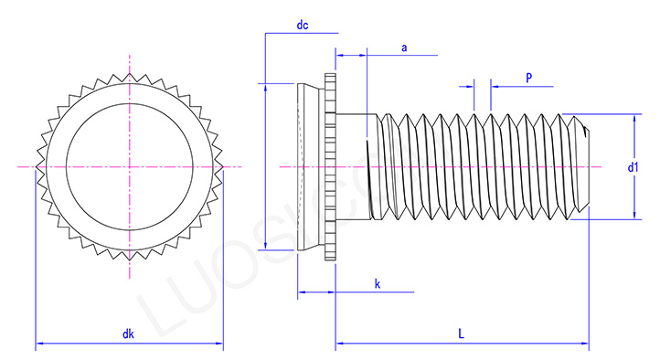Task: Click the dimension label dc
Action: coord(302,26)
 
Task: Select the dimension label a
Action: coord(403,48)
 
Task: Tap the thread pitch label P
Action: coord(529,79)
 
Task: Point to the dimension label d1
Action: coord(633,167)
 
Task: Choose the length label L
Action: coord(462,335)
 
